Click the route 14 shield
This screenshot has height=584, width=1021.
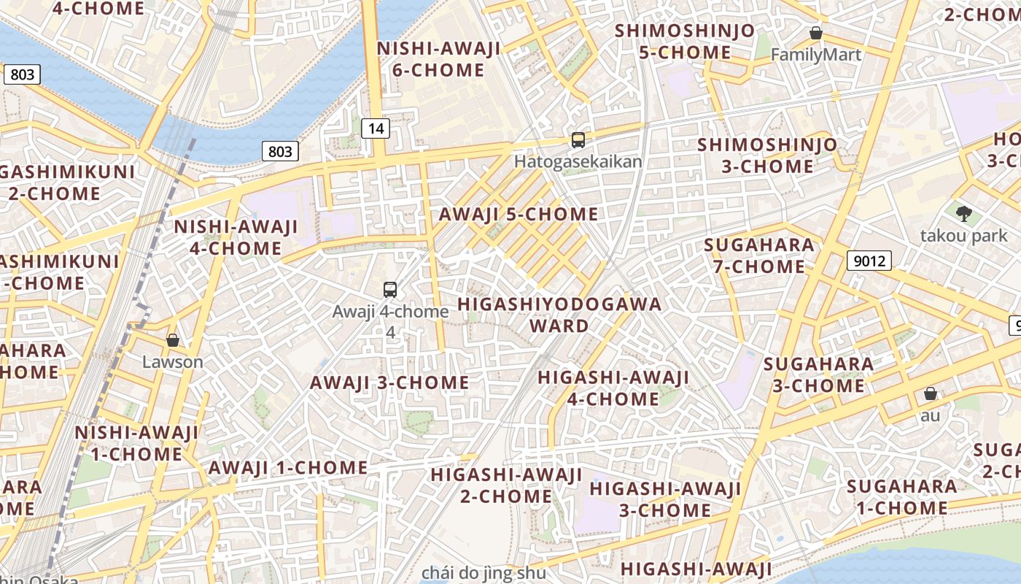376,129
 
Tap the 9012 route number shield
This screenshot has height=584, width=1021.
869,261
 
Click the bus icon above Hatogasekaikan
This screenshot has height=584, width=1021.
578,140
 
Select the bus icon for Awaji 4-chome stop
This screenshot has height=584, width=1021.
390,290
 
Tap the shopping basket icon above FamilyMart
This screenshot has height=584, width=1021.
816,33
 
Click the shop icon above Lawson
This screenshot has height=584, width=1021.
173,340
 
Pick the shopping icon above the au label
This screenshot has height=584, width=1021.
930,394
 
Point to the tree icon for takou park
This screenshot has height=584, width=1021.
964,214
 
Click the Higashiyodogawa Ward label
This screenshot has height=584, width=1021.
559,315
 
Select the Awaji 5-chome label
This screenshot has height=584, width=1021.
518,215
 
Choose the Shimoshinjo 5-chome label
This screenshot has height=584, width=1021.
685,42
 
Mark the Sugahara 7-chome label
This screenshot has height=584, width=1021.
759,256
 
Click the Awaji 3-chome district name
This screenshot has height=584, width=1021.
389,383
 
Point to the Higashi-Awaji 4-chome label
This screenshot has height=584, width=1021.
613,388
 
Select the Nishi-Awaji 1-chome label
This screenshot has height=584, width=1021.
136,443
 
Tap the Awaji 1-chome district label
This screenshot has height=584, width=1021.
288,467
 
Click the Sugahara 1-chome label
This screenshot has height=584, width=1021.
902,497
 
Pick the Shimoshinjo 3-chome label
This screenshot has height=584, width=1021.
767,155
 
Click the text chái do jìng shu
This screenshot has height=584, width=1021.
484,572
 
